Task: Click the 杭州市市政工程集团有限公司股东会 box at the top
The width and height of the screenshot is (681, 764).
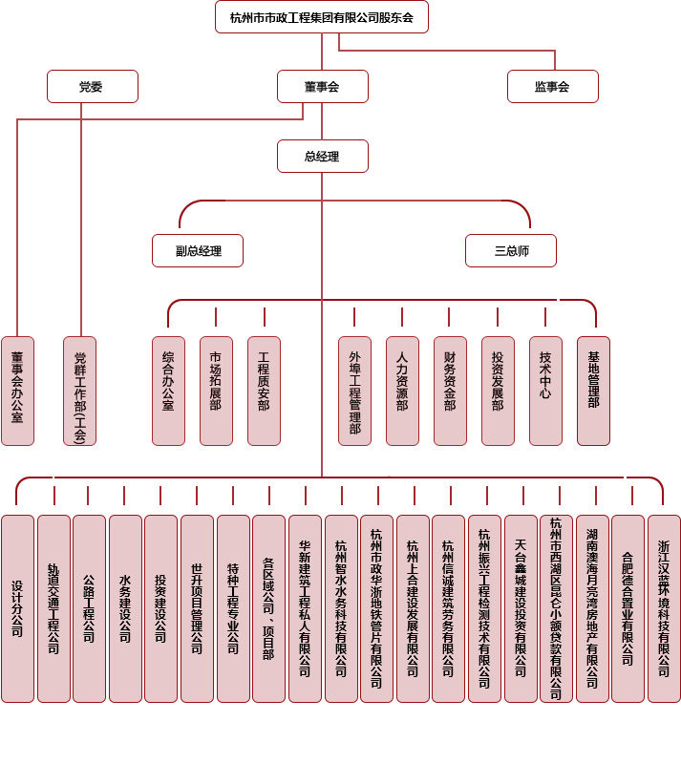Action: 321,17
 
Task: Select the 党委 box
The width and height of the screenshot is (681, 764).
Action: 92,86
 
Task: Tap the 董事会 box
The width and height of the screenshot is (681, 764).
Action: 322,86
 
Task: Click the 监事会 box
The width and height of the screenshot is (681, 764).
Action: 552,86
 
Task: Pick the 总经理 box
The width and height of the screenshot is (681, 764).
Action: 322,156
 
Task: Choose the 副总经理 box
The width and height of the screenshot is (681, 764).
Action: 198,250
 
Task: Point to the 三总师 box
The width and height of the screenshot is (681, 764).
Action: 511,250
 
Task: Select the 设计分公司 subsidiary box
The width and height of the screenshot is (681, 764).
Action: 17,608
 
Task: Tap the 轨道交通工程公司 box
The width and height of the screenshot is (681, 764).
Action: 53,608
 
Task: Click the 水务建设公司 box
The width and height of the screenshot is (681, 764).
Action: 125,608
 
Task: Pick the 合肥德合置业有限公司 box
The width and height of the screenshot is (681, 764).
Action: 628,608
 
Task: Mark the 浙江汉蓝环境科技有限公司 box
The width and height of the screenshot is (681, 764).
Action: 664,608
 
